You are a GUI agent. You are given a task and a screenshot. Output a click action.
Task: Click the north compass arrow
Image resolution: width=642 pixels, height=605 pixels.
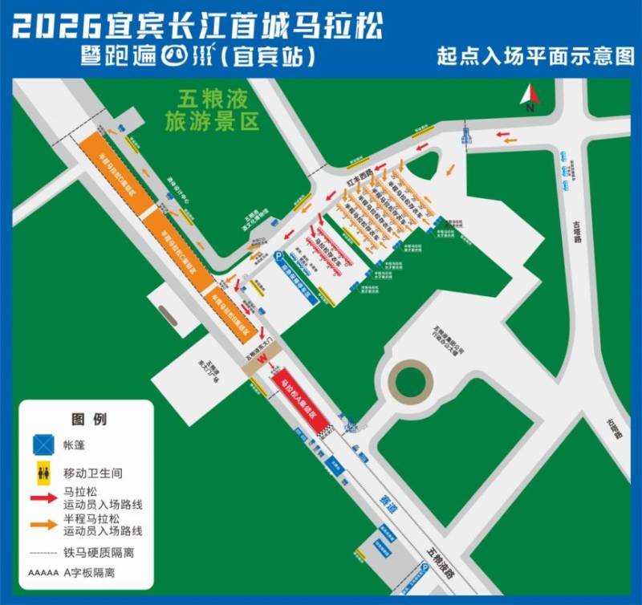[529, 97]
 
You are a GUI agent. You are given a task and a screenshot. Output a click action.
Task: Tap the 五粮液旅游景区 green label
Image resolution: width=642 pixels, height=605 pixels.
[213, 110]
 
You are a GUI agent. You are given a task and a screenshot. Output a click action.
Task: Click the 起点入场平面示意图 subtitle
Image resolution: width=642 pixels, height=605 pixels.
[535, 57]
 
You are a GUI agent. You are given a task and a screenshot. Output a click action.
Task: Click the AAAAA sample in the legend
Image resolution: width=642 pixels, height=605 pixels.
[43, 573]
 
